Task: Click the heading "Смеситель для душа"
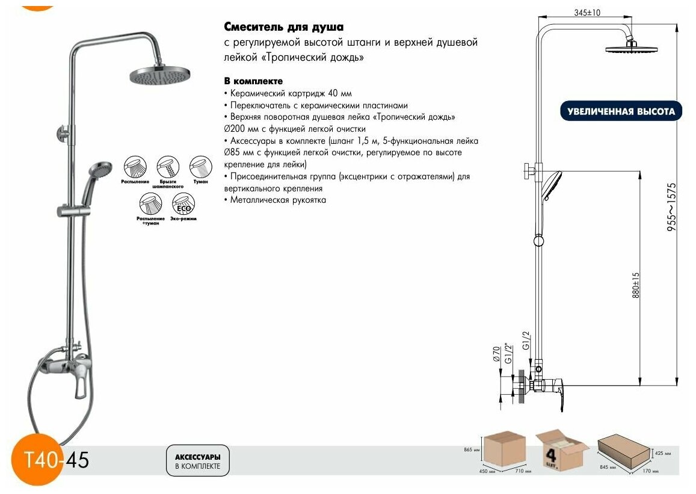pos(284,27)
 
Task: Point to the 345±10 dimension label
pos(588,13)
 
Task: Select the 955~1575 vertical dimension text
pos(673,208)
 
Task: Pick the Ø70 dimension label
pos(497,353)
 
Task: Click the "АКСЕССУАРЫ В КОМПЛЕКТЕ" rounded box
pos(197,461)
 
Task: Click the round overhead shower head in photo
pos(159,76)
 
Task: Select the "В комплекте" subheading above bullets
pos(253,81)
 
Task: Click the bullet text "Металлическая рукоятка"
pos(277,200)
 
